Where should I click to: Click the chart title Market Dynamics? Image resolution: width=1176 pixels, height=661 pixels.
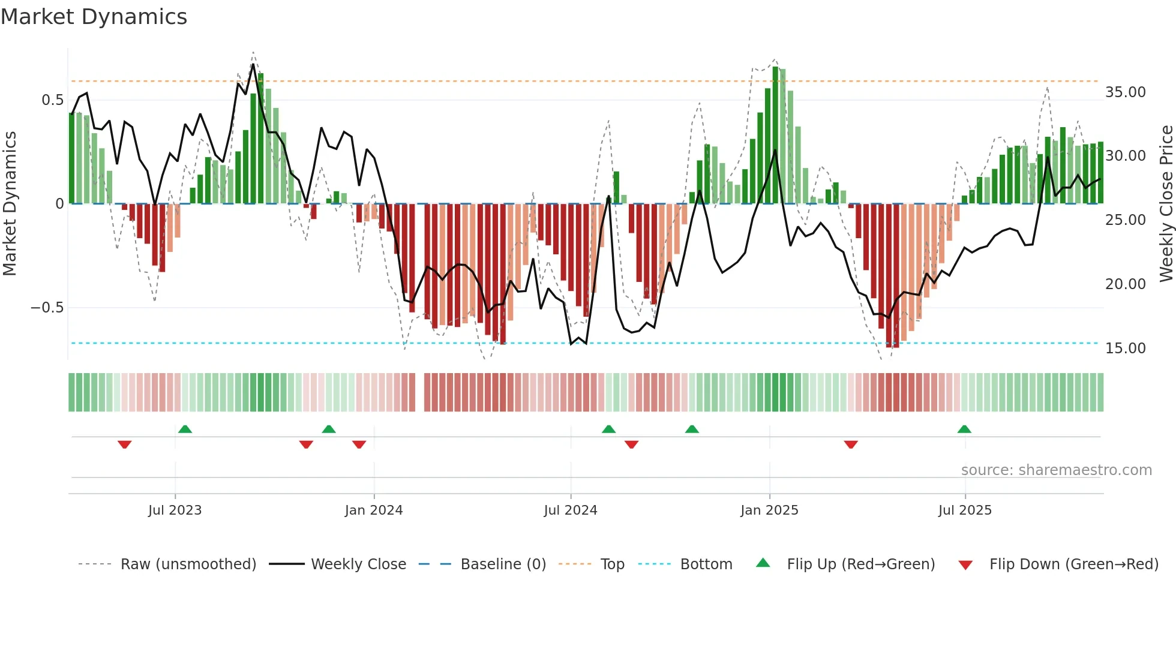pos(94,17)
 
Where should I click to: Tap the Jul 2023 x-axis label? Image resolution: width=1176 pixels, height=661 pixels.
pos(175,510)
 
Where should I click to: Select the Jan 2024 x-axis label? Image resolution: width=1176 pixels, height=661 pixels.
pos(373,510)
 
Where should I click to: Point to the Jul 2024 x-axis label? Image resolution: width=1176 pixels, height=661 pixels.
pos(570,510)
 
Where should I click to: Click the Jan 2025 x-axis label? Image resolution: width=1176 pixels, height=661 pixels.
pos(769,510)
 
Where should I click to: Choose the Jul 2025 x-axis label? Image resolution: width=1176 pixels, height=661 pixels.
pos(965,510)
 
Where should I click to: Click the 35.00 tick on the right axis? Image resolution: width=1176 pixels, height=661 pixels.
pos(1125,92)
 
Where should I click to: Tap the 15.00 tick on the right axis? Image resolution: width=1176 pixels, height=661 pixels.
pos(1125,348)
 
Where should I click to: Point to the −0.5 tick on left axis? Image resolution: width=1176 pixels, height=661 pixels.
pos(47,308)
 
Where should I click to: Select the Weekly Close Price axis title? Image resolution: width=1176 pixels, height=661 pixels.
pos(1166,203)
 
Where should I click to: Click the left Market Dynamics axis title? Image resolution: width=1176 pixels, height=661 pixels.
pos(10,203)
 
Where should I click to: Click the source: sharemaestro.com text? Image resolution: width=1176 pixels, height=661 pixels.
pos(1056,470)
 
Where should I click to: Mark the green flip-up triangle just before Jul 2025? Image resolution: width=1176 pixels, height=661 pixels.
pos(964,429)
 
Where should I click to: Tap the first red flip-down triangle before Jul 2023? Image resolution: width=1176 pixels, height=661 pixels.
pos(125,444)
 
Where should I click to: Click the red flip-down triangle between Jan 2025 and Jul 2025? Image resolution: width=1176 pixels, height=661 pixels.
pos(851,444)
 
